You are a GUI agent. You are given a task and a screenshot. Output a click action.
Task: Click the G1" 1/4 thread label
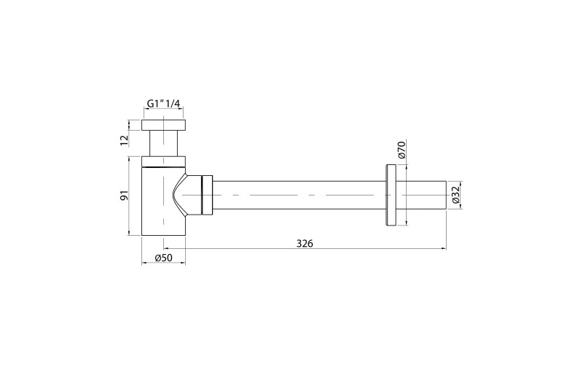[x=163, y=104]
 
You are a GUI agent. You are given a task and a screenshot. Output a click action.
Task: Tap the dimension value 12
[x=124, y=139]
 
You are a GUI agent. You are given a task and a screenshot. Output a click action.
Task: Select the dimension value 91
[x=124, y=195]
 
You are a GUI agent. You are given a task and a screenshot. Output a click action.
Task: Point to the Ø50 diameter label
[x=163, y=258]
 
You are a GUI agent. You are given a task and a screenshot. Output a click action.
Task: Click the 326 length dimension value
[x=305, y=244]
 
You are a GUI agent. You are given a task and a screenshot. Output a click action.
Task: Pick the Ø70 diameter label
[x=402, y=150]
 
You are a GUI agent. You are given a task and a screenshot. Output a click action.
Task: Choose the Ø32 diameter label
[x=457, y=195]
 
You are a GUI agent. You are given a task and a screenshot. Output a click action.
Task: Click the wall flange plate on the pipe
[x=391, y=195]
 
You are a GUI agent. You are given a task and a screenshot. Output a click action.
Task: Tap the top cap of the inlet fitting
[x=163, y=125]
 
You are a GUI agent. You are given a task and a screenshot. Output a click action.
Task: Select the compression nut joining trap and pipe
[x=207, y=195]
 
